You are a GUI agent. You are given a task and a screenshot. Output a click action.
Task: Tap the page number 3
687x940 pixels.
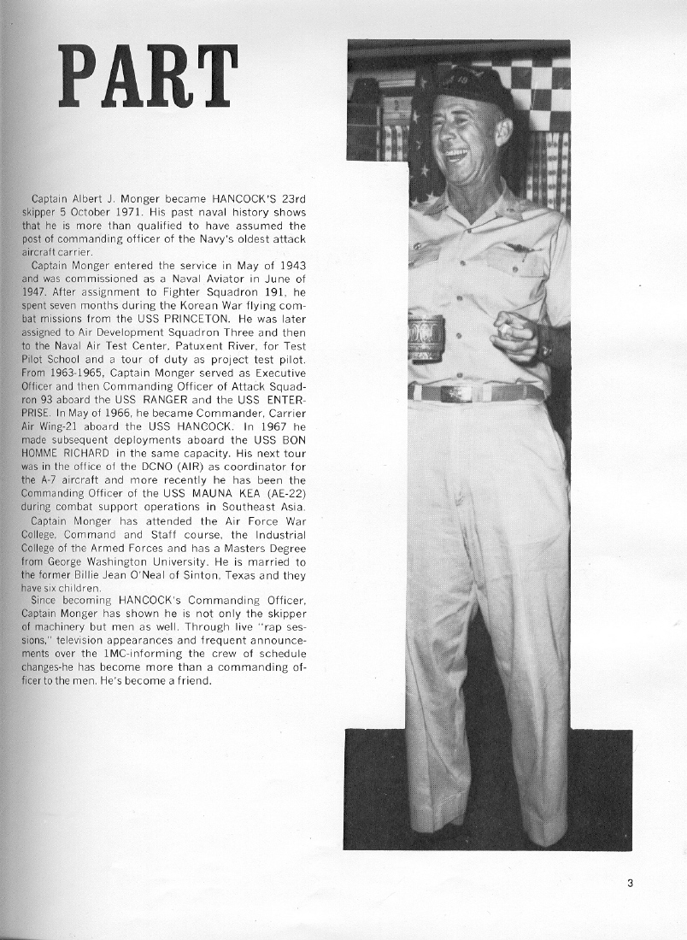tap(630, 884)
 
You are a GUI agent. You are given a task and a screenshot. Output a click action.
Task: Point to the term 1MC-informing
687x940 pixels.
tap(122, 654)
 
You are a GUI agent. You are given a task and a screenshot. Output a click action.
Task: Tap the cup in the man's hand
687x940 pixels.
tap(426, 338)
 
